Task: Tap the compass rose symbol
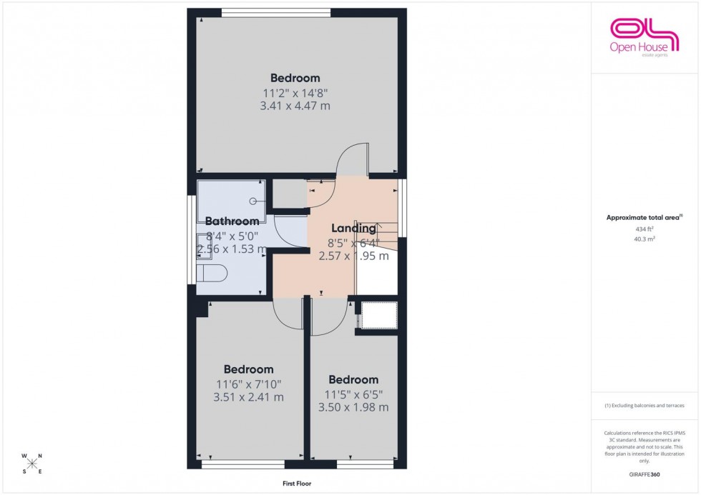click(x=32, y=464)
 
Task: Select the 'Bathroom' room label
click(x=232, y=221)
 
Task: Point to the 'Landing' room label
click(x=353, y=229)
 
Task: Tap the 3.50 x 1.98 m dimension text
click(x=353, y=407)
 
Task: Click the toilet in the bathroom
click(x=212, y=274)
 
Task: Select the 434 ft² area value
click(x=644, y=229)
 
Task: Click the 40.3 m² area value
click(x=644, y=239)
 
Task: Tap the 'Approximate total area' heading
click(x=644, y=217)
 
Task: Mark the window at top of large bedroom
click(x=275, y=11)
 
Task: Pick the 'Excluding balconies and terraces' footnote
click(x=644, y=406)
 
